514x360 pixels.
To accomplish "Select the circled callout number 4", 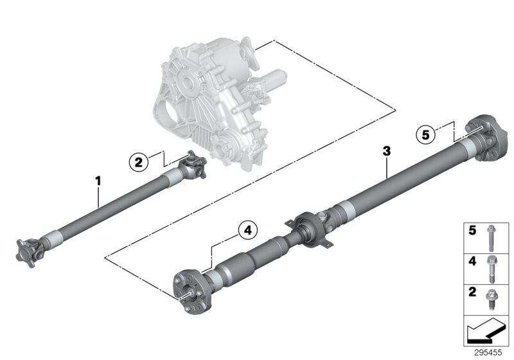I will pyautogui.click(x=248, y=230).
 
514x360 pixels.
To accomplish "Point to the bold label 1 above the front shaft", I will pyautogui.click(x=98, y=182).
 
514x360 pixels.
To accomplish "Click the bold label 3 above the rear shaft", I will pyautogui.click(x=385, y=151).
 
